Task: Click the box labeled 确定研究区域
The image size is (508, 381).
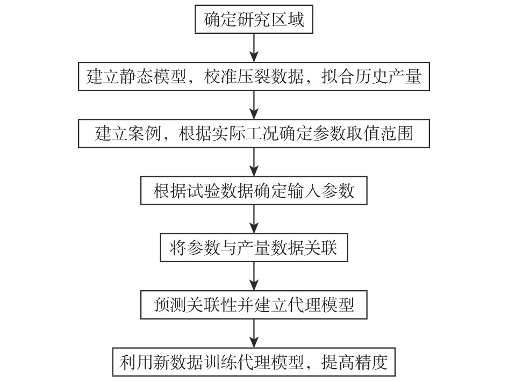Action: [x=254, y=21]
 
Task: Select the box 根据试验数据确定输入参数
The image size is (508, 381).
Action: [x=254, y=191]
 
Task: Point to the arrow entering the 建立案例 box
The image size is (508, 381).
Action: [x=254, y=104]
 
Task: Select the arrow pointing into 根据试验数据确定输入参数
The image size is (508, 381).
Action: [x=254, y=162]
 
